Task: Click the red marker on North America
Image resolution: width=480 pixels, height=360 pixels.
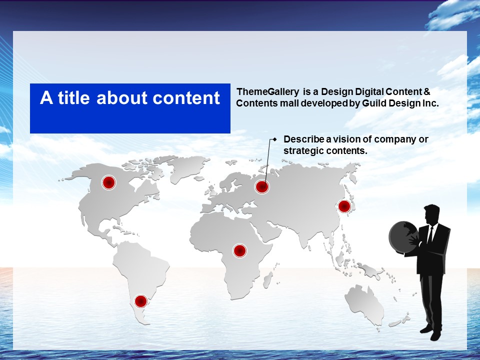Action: tap(108, 182)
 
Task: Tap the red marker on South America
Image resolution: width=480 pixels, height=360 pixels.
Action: tap(141, 301)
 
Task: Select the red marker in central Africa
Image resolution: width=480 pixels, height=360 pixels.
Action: tap(240, 250)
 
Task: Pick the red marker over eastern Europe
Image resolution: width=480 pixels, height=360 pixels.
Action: tap(261, 186)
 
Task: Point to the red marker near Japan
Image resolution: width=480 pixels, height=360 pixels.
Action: tap(344, 206)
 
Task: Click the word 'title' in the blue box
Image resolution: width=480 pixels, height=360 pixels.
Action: tap(74, 97)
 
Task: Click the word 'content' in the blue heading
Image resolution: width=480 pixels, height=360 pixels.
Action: tap(186, 98)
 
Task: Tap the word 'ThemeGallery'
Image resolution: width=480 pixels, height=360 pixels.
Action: tap(268, 92)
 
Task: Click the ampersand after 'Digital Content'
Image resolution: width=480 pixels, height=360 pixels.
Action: tap(426, 92)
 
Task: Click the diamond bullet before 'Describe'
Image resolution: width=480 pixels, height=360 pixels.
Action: tap(275, 139)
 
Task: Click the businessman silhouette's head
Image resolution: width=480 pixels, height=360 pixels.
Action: tap(431, 214)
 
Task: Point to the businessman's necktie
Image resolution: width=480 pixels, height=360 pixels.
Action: tap(430, 235)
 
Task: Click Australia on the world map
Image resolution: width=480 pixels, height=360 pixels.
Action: tap(364, 303)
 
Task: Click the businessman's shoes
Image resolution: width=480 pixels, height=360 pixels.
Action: tap(431, 333)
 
